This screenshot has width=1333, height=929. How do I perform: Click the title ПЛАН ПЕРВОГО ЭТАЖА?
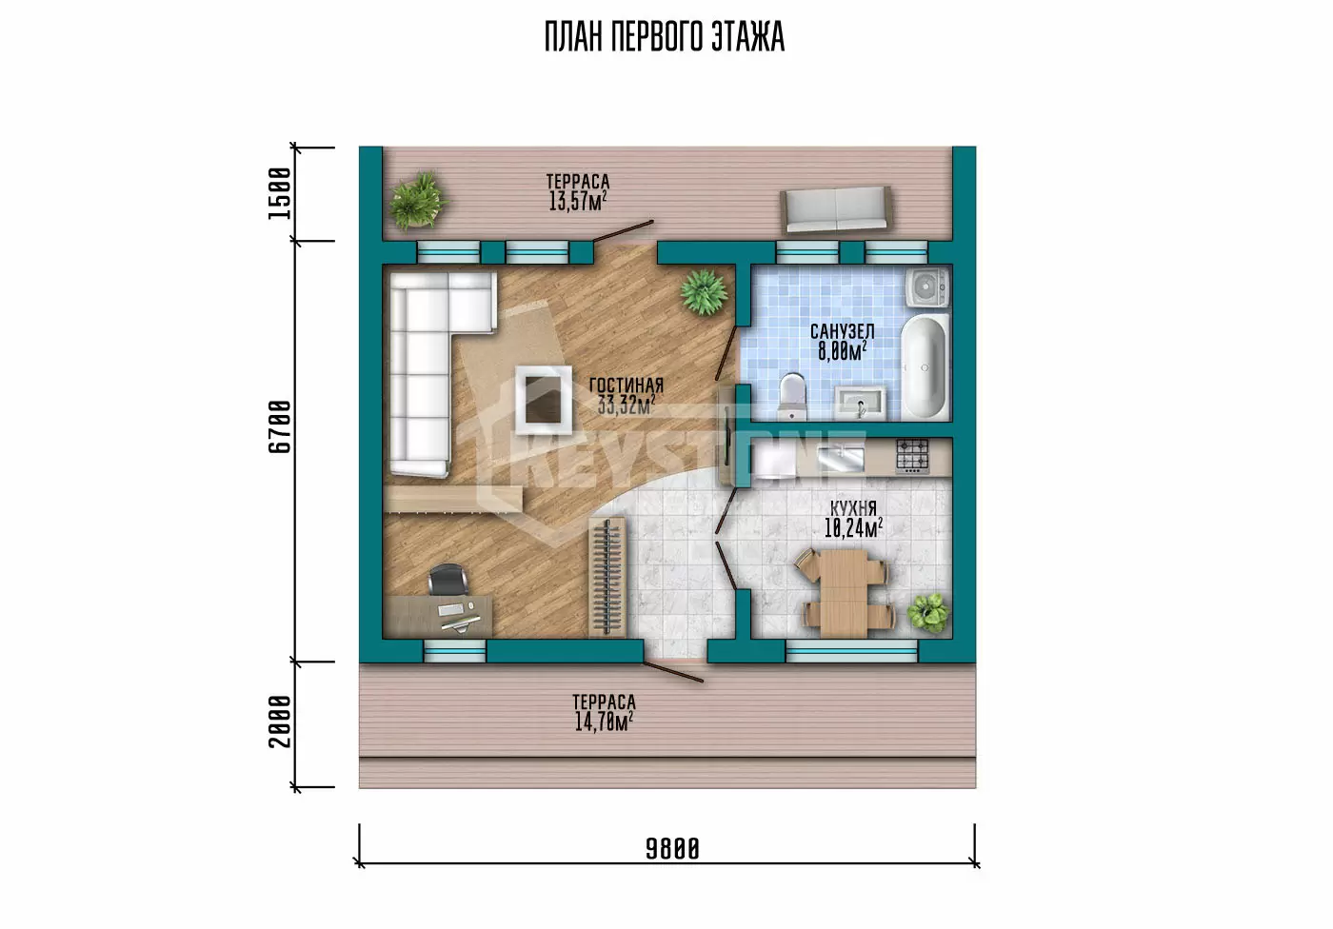coord(665,36)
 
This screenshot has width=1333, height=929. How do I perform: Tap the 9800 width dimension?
coord(672,849)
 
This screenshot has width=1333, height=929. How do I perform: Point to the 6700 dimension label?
coord(280,427)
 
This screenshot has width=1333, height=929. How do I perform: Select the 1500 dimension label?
coord(280,193)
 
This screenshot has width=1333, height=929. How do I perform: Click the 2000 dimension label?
coord(280,721)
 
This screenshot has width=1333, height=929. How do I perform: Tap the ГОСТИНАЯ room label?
coord(627,385)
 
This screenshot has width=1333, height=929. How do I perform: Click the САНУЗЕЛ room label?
coord(842,331)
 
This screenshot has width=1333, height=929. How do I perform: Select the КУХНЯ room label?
coord(853,508)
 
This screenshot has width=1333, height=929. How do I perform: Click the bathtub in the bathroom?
coord(925,367)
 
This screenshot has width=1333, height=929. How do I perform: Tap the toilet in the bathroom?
coord(791,393)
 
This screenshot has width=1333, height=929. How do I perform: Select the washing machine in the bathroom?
coord(927,287)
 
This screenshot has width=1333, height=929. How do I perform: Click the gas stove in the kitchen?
coord(912,456)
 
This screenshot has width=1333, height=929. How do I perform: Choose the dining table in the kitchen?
coord(844,593)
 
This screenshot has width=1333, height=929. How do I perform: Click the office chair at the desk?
coord(448,579)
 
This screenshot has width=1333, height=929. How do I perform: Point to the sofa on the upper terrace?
coord(836,210)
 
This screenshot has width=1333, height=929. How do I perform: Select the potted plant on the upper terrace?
coord(417,201)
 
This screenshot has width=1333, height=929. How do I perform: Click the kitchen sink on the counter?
coord(840,459)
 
